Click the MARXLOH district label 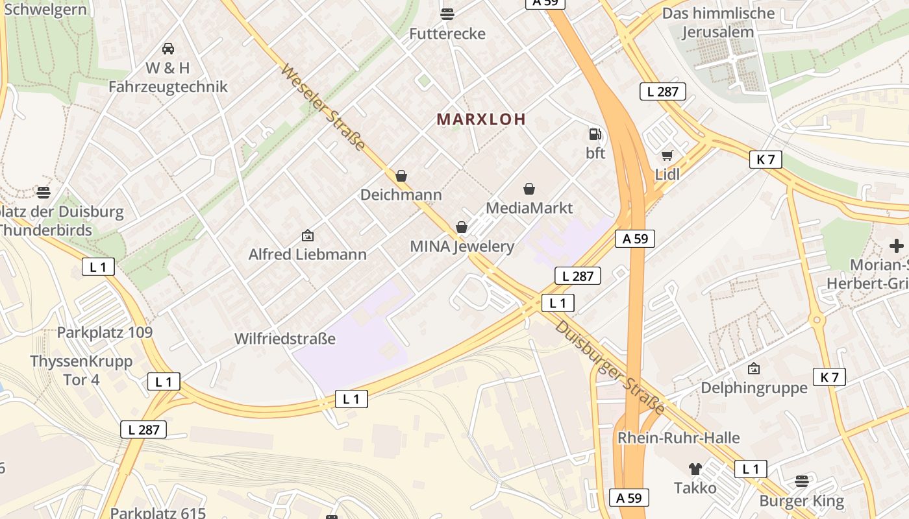coord(481,119)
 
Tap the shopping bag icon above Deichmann coord(401,176)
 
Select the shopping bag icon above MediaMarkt coord(529,189)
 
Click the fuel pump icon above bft coord(595,134)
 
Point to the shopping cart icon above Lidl coord(667,155)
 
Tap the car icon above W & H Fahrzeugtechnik coord(168,48)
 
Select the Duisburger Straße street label coord(610,368)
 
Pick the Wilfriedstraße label coord(285,339)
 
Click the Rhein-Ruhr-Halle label coord(679,438)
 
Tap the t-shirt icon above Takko coord(695,468)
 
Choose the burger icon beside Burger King coord(802,481)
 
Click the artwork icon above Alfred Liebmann coord(308,235)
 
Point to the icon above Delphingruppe coord(754,368)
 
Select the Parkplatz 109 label coord(105,333)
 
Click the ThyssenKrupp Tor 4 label coord(81,370)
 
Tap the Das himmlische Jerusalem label coord(718,23)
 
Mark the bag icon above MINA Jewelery coord(462,227)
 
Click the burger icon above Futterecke coord(447,14)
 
